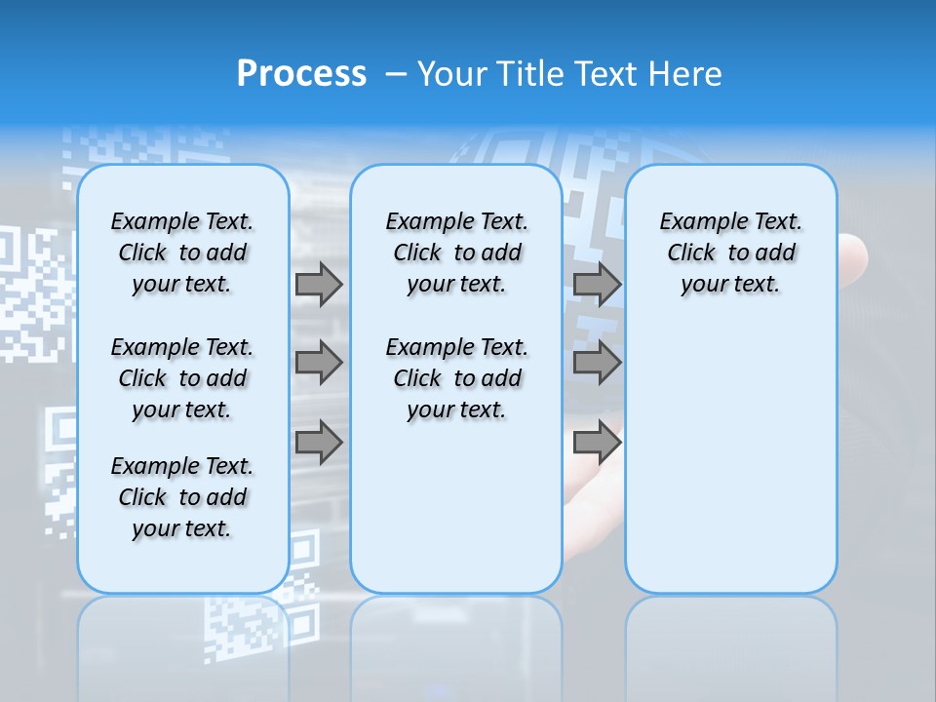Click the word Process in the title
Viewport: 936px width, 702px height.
(x=301, y=74)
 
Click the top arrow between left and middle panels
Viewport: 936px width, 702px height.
(x=319, y=285)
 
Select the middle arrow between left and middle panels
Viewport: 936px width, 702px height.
(x=319, y=363)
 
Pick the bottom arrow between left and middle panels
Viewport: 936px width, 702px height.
(x=319, y=443)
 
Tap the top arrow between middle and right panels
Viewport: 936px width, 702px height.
(x=597, y=285)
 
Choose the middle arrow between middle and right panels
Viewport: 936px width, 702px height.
(x=597, y=363)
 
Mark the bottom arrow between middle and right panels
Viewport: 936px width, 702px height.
(x=597, y=443)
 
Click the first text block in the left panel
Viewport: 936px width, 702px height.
(x=182, y=253)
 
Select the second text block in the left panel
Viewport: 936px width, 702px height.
(x=182, y=378)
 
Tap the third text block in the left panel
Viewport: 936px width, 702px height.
(x=182, y=497)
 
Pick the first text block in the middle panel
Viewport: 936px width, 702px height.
(x=456, y=253)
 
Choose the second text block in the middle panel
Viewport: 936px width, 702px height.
(x=456, y=378)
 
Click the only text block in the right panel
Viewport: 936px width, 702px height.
(x=731, y=253)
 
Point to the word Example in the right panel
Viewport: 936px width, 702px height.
(x=695, y=222)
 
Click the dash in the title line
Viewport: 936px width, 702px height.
(x=395, y=74)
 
